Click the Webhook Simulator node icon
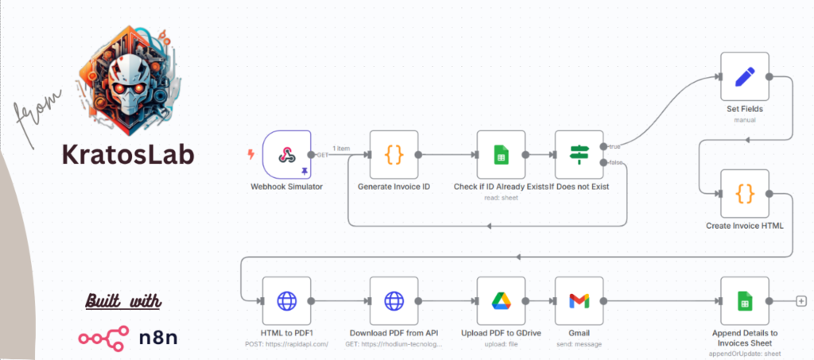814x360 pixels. [x=287, y=155]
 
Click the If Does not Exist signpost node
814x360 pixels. [x=579, y=155]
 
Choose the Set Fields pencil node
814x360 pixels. [x=745, y=77]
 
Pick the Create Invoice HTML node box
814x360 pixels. [x=745, y=193]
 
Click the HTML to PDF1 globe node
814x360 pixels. [x=287, y=300]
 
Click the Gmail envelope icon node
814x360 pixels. [x=579, y=300]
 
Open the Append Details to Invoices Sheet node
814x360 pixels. [x=745, y=300]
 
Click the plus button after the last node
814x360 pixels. [x=801, y=300]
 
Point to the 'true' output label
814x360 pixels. [x=614, y=146]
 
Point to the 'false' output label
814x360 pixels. [x=615, y=163]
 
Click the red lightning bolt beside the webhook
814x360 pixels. [x=251, y=154]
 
